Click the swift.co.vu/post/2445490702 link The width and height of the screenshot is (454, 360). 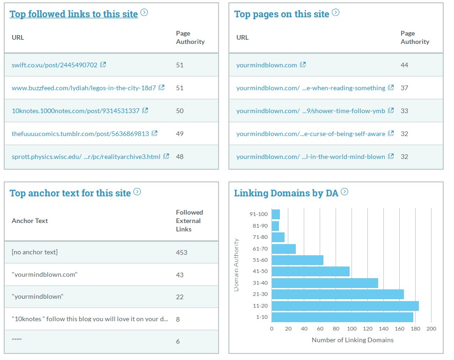[54, 65]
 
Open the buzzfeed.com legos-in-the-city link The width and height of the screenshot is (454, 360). [84, 88]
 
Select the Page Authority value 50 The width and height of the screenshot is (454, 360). [180, 111]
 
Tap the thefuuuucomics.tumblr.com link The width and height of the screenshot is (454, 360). [80, 134]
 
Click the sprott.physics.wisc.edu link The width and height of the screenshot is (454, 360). [86, 157]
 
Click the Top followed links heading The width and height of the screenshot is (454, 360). [73, 14]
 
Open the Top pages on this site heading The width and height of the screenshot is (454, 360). [282, 14]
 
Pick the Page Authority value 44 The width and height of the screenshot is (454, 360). [404, 65]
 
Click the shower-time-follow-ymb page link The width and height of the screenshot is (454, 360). [311, 111]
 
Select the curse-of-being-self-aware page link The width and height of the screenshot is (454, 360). [311, 134]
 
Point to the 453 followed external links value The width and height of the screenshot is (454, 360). [182, 252]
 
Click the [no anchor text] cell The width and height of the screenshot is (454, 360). [35, 252]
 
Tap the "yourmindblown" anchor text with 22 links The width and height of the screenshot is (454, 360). [37, 297]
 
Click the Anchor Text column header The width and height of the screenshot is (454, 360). [30, 221]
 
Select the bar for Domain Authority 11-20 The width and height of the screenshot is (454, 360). [345, 306]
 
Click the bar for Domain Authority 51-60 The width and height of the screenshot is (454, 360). [297, 260]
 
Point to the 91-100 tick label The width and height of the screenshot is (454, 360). [258, 215]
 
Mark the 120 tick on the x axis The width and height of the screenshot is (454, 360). [367, 329]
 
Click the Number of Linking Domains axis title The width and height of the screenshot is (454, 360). [352, 340]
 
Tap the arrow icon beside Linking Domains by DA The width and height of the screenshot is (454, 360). [345, 192]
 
